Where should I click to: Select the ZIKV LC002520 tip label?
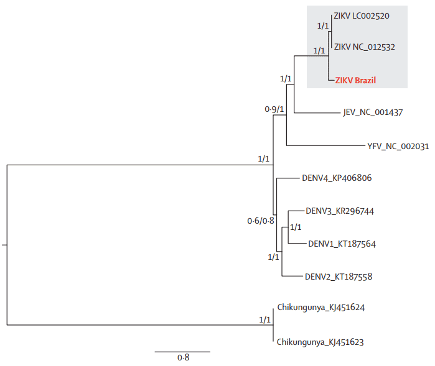pyautogui.click(x=362, y=16)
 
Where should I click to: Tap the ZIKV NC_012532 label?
pyautogui.click(x=364, y=47)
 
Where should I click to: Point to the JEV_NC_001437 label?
pyautogui.click(x=373, y=113)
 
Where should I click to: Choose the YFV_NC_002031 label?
pyautogui.click(x=398, y=147)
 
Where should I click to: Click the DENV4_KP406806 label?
pyautogui.click(x=337, y=178)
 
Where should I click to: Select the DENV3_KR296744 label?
pyautogui.click(x=339, y=211)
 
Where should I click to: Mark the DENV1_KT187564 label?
pyautogui.click(x=342, y=244)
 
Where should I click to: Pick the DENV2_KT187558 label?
pyautogui.click(x=338, y=277)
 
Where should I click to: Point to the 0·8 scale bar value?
pyautogui.click(x=183, y=358)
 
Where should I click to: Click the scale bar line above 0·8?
pyautogui.click(x=183, y=352)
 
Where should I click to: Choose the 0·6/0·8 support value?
pyautogui.click(x=260, y=220)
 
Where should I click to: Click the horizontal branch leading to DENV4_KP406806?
pyautogui.click(x=287, y=178)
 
